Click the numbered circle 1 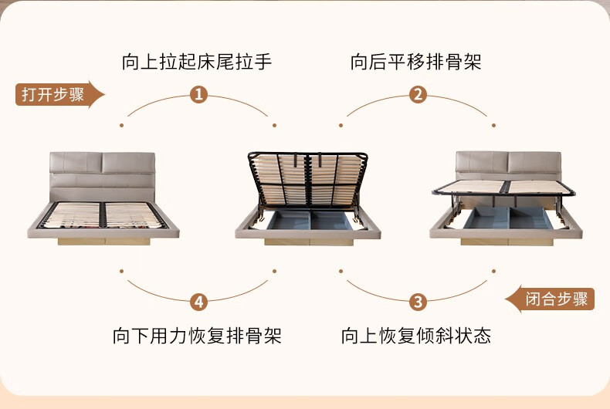[x=198, y=94]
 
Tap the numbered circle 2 [x=418, y=94]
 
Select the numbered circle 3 [x=418, y=302]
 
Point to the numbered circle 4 [x=198, y=302]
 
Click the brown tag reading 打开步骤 [x=59, y=94]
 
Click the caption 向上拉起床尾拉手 [x=197, y=62]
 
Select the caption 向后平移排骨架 [x=416, y=62]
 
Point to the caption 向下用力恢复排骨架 [x=197, y=335]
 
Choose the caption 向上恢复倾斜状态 [x=416, y=335]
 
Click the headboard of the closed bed [x=103, y=177]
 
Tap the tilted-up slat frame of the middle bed [x=308, y=180]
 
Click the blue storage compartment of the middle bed [x=310, y=221]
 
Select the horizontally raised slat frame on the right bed [x=504, y=188]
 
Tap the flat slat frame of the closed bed [x=103, y=215]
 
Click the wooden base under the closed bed [x=104, y=242]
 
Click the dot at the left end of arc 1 [x=122, y=125]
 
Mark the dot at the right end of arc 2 [x=493, y=125]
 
